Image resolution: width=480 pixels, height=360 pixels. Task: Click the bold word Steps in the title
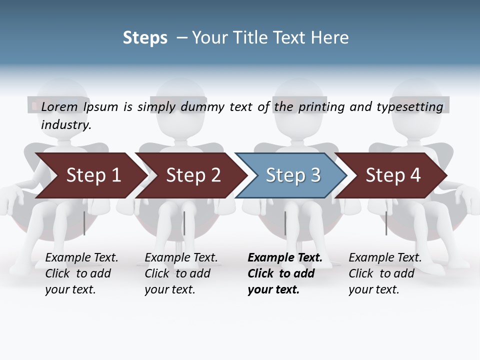(x=145, y=37)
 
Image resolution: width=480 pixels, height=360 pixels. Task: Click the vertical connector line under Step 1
(x=84, y=223)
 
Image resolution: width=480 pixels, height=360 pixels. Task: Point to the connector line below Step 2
(x=184, y=223)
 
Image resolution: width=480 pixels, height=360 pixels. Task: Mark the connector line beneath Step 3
(x=285, y=223)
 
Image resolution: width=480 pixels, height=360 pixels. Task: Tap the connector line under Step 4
(x=386, y=223)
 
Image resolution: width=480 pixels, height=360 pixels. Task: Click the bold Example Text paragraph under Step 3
(x=285, y=273)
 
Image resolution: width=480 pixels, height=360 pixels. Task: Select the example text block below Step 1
(x=81, y=273)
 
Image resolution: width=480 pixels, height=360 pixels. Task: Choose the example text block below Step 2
(x=181, y=273)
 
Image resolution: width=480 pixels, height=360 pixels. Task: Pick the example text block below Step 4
(x=385, y=273)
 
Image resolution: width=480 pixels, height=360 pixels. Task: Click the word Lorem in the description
(x=59, y=106)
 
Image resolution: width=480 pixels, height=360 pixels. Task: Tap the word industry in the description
(x=66, y=124)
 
